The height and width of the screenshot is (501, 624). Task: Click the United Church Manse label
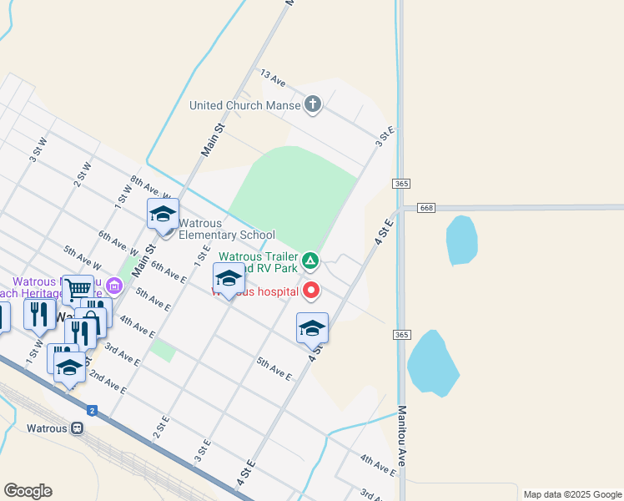[244, 105]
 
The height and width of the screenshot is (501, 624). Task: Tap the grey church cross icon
[313, 104]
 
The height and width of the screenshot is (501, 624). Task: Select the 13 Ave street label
[274, 78]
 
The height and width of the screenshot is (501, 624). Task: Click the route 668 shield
[426, 207]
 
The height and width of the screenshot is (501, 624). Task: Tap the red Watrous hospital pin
[312, 291]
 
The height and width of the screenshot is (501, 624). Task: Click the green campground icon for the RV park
[310, 261]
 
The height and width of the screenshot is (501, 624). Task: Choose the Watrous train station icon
[78, 428]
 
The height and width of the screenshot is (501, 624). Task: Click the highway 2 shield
[92, 410]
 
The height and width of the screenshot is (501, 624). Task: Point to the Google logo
[28, 491]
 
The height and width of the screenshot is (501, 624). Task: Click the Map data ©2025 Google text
[571, 493]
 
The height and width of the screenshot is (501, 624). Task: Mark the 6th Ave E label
[168, 271]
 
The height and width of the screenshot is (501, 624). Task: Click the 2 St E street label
[161, 428]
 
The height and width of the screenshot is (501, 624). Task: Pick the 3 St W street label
[37, 150]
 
